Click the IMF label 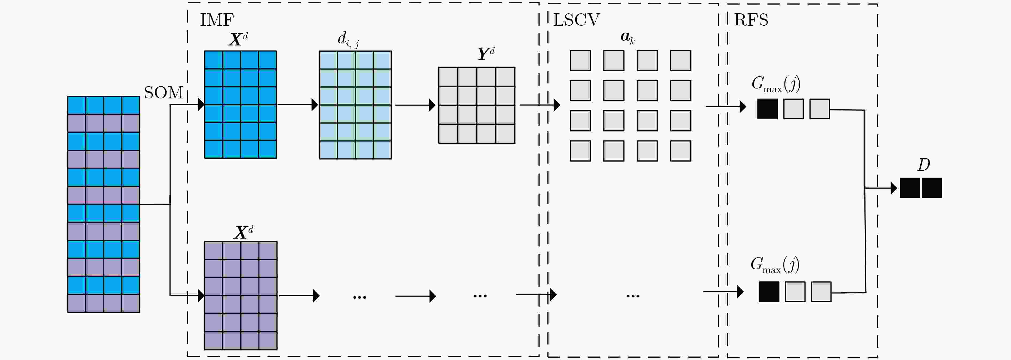[217, 20]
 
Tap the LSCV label [576, 20]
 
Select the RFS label [751, 20]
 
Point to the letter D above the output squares [924, 165]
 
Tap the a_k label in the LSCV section [627, 37]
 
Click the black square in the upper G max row [767, 109]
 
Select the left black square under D [910, 188]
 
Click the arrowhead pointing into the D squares [894, 188]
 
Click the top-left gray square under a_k [580, 60]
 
